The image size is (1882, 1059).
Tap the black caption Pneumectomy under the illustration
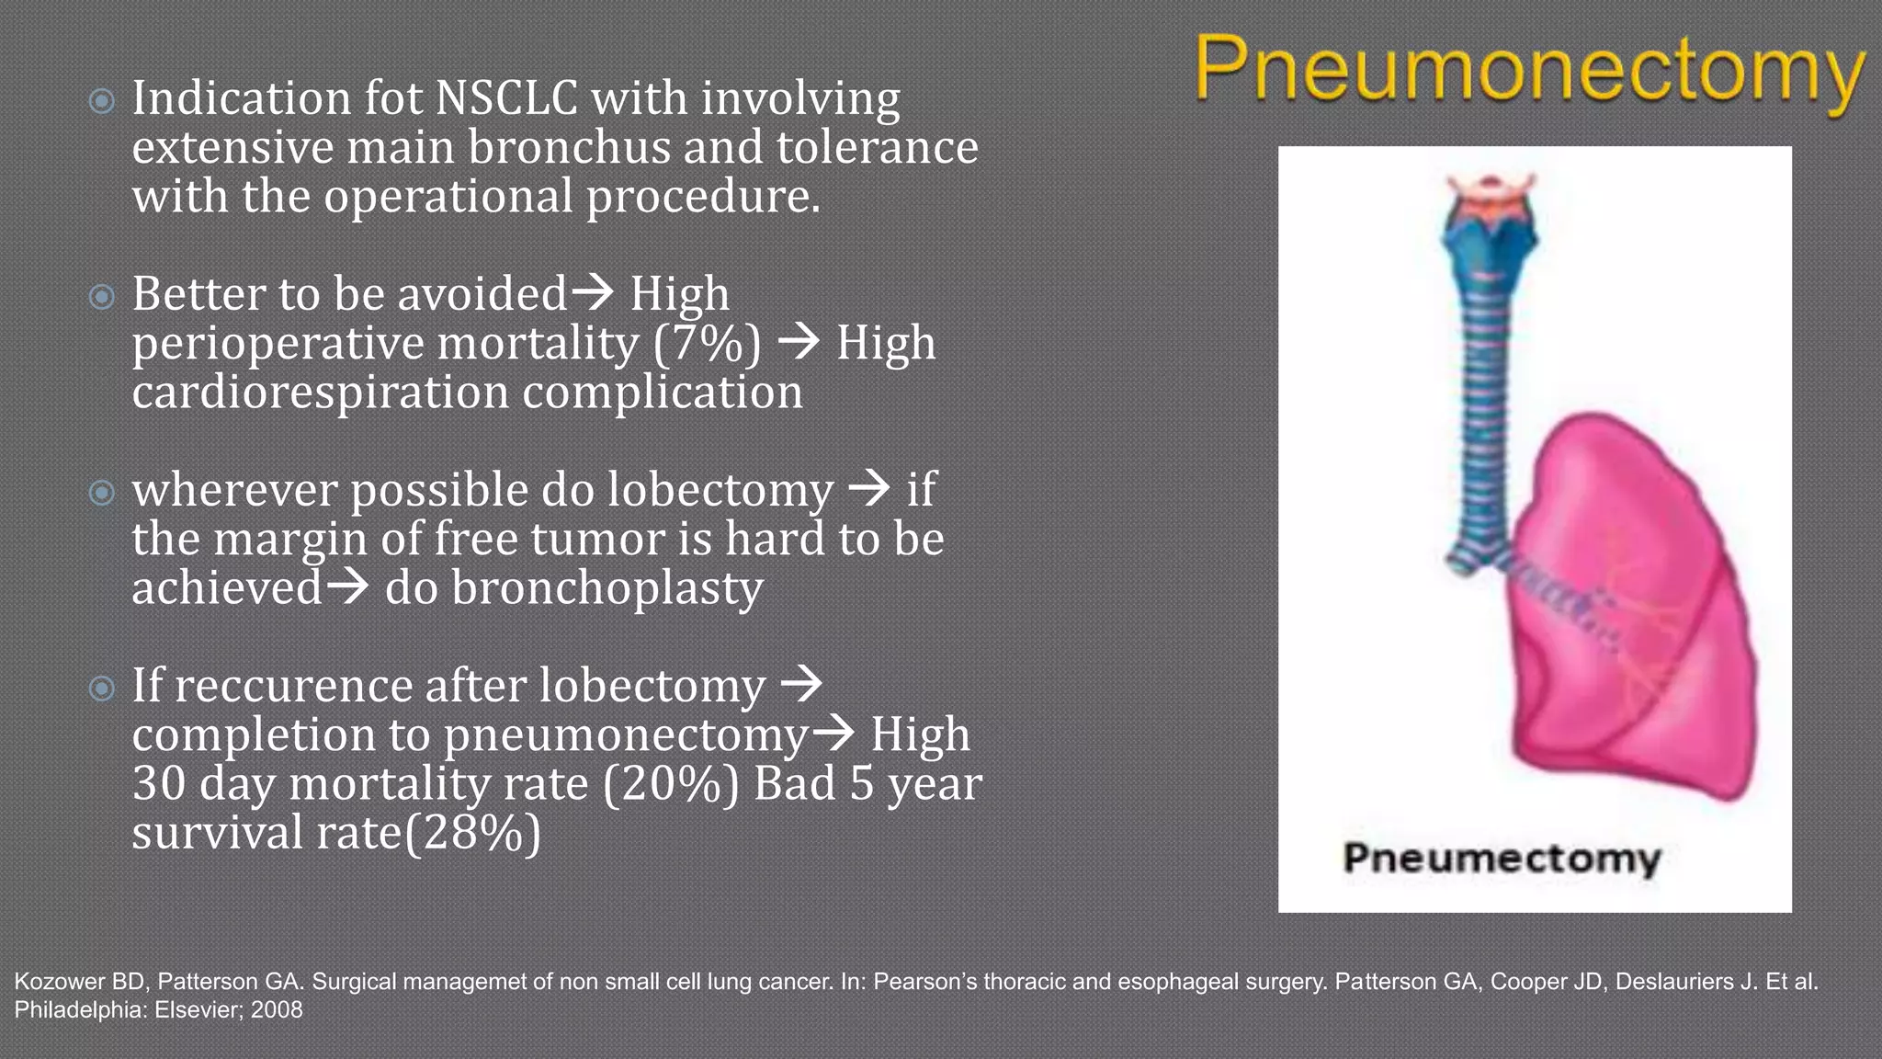tap(1502, 859)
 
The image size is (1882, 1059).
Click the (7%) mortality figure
tap(707, 344)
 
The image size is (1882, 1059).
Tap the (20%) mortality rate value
tap(671, 784)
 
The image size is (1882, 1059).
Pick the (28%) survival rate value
tap(472, 833)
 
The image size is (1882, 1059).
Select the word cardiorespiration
tap(320, 393)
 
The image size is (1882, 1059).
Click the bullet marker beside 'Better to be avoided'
tap(102, 297)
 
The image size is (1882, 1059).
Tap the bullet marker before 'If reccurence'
tap(102, 688)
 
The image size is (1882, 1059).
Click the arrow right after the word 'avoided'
tap(593, 292)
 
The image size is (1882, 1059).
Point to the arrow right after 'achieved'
tap(347, 586)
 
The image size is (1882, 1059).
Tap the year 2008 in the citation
tap(277, 1009)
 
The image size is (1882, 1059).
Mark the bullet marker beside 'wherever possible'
tap(102, 493)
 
